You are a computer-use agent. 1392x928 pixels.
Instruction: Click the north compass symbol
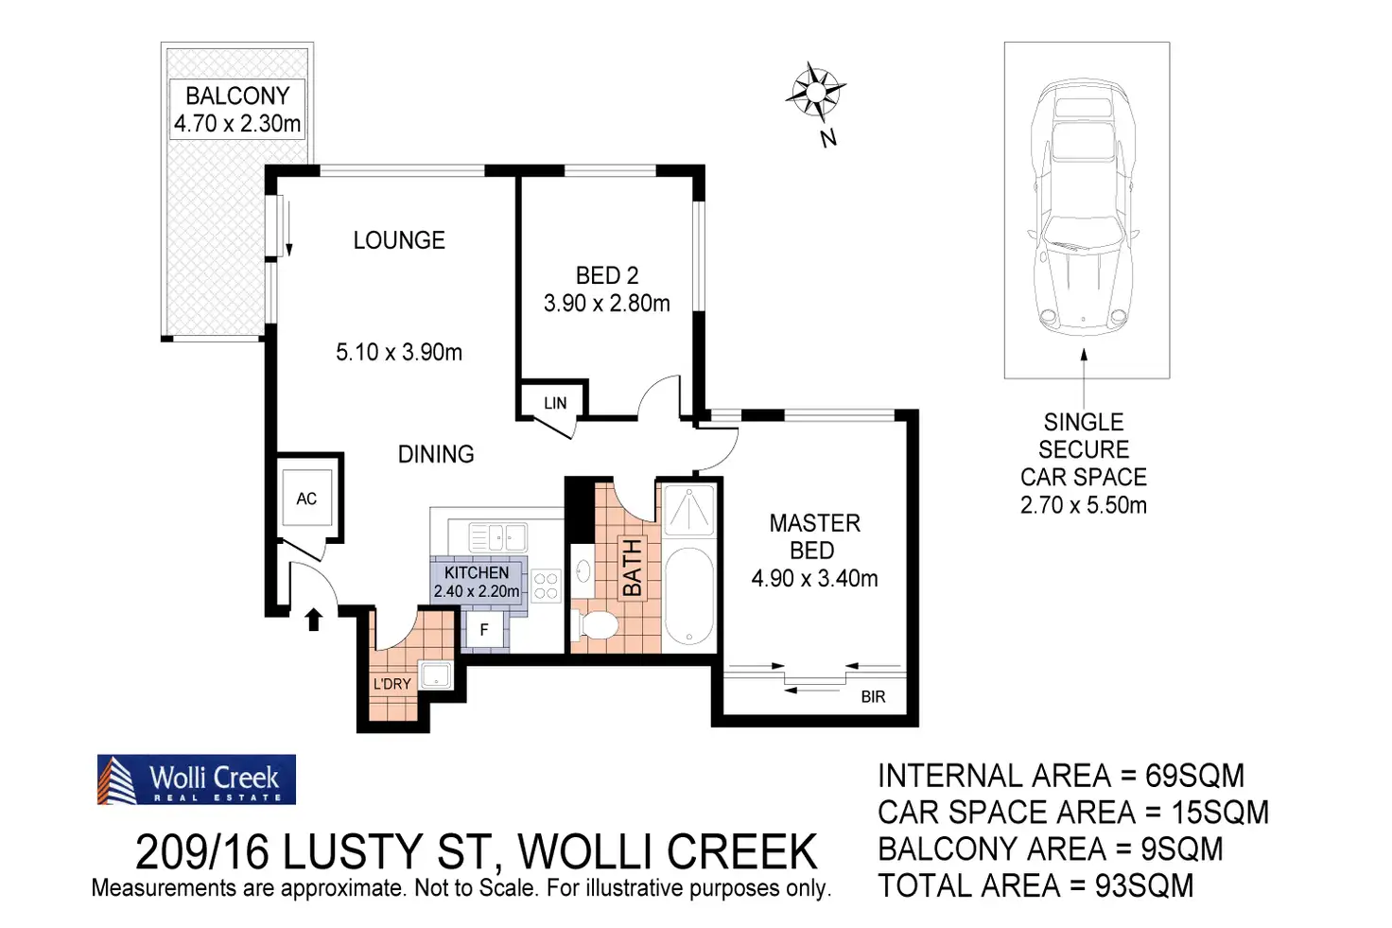[x=814, y=92]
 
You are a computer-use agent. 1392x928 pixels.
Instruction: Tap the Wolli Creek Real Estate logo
[x=197, y=779]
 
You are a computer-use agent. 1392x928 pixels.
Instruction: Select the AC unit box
[x=306, y=499]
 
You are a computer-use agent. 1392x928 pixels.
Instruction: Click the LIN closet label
[x=555, y=403]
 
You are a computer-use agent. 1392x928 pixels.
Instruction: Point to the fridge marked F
[x=484, y=630]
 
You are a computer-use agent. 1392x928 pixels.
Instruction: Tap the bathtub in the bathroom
[x=689, y=596]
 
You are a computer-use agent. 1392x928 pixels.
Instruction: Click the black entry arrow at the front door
[x=314, y=620]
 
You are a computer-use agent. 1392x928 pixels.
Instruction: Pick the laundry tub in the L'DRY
[x=436, y=675]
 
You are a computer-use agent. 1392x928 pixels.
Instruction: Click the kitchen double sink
[x=498, y=538]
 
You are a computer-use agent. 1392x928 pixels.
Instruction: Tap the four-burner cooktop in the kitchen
[x=546, y=587]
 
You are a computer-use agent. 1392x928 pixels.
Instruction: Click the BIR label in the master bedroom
[x=873, y=697]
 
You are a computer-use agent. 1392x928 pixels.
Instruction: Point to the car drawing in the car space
[x=1084, y=207]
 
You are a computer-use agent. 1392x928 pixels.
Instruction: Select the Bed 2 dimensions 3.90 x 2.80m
[x=606, y=304]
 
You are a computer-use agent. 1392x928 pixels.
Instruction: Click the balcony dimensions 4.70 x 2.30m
[x=237, y=124]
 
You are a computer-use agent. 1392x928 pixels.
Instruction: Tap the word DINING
[x=436, y=454]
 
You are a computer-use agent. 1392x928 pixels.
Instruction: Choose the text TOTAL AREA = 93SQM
[x=1035, y=886]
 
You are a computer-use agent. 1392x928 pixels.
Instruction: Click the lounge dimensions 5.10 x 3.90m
[x=399, y=353]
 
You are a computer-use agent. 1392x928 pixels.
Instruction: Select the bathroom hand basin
[x=583, y=571]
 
